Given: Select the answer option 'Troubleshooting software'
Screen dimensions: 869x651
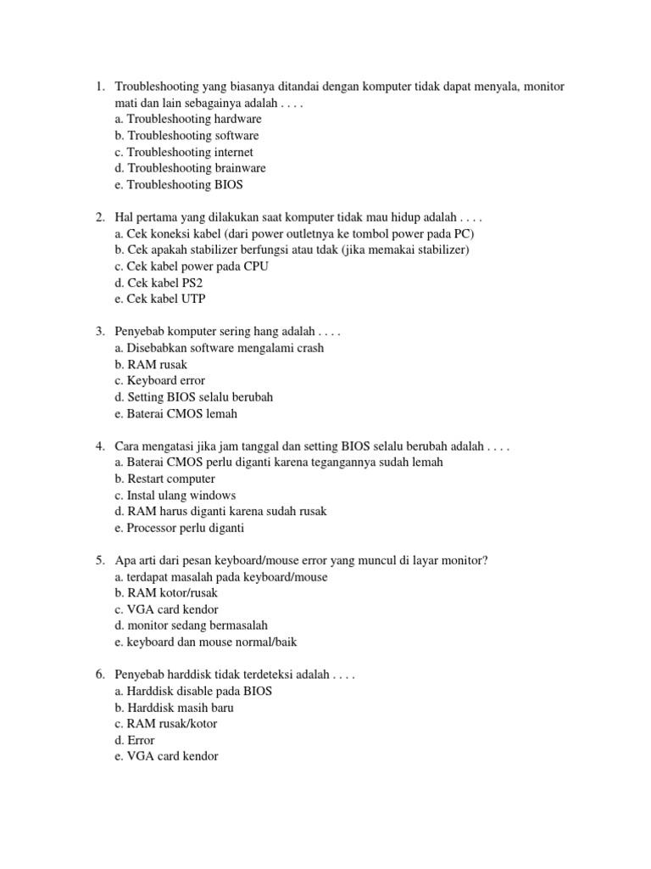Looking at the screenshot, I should tap(186, 136).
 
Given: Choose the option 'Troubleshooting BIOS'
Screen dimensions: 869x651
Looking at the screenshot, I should tap(177, 184).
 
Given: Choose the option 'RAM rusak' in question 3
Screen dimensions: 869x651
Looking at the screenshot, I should tap(150, 365).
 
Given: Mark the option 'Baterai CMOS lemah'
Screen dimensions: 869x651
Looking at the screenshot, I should tap(175, 414).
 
